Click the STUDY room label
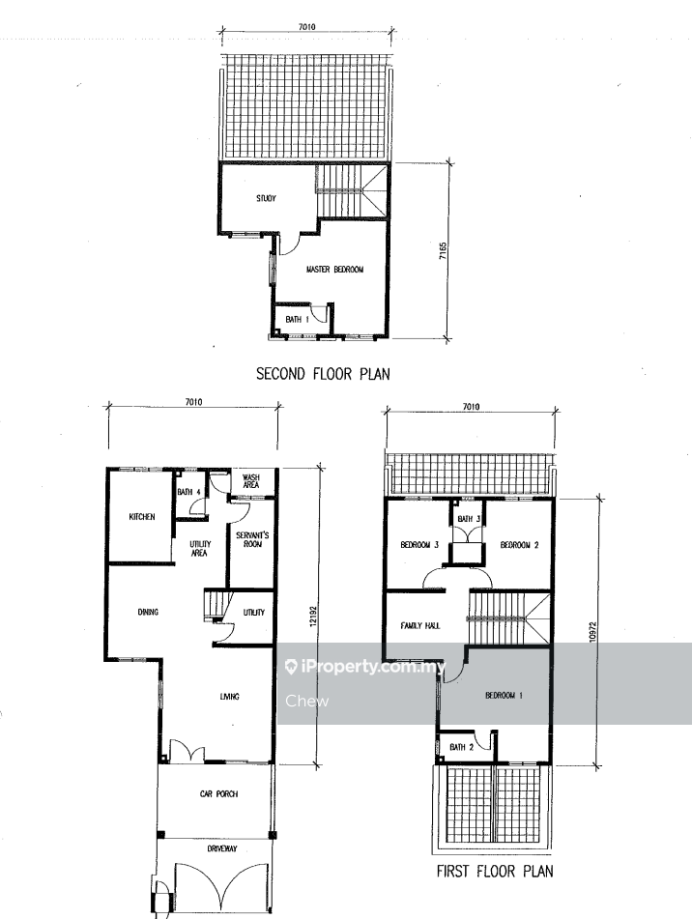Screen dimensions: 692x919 click(266, 198)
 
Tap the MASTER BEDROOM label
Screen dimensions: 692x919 click(334, 270)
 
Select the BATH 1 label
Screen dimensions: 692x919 click(297, 320)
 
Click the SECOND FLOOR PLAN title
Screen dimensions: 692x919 click(323, 374)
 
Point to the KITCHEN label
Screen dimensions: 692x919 click(142, 517)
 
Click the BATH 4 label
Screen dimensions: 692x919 click(189, 492)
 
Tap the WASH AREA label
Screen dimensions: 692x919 click(250, 481)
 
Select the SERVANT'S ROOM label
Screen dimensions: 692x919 click(252, 539)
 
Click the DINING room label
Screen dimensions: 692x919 click(148, 612)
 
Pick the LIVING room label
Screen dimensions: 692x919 click(230, 697)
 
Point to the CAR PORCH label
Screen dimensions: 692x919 click(218, 794)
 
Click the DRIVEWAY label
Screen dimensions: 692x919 click(222, 848)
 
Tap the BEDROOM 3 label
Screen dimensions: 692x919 click(419, 545)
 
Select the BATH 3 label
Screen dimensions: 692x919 click(469, 519)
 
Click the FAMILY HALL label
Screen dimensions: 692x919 click(420, 626)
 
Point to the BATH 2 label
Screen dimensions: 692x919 click(461, 747)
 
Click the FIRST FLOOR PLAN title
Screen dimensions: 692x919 click(495, 872)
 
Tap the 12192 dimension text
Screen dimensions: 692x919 click(312, 616)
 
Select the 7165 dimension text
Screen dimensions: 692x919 click(443, 252)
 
